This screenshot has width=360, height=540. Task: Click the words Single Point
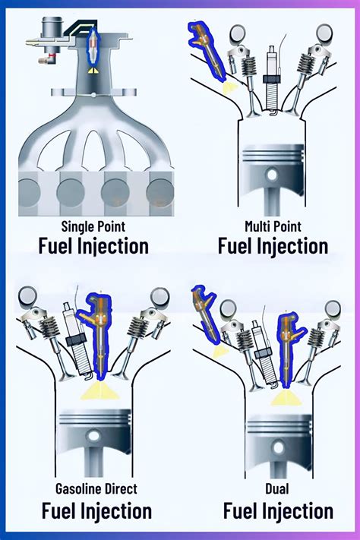[93, 226]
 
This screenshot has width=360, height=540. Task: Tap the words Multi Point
[273, 226]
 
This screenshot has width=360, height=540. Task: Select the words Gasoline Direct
[96, 488]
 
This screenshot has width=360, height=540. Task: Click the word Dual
[276, 488]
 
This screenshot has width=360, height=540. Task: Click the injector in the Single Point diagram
[93, 47]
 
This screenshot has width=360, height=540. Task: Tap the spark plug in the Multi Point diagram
[271, 80]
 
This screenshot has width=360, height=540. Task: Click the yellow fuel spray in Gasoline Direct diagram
[100, 391]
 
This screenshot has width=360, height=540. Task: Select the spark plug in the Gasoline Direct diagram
[77, 341]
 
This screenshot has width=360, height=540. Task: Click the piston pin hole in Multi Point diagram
[272, 175]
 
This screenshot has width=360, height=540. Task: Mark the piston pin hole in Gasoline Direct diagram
[93, 436]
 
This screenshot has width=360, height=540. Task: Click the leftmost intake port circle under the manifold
[29, 193]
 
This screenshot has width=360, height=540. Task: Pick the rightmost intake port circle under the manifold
[159, 193]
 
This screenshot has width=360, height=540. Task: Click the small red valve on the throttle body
[52, 55]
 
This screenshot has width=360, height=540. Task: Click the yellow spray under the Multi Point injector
[229, 89]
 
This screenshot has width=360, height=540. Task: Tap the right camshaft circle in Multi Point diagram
[324, 33]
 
